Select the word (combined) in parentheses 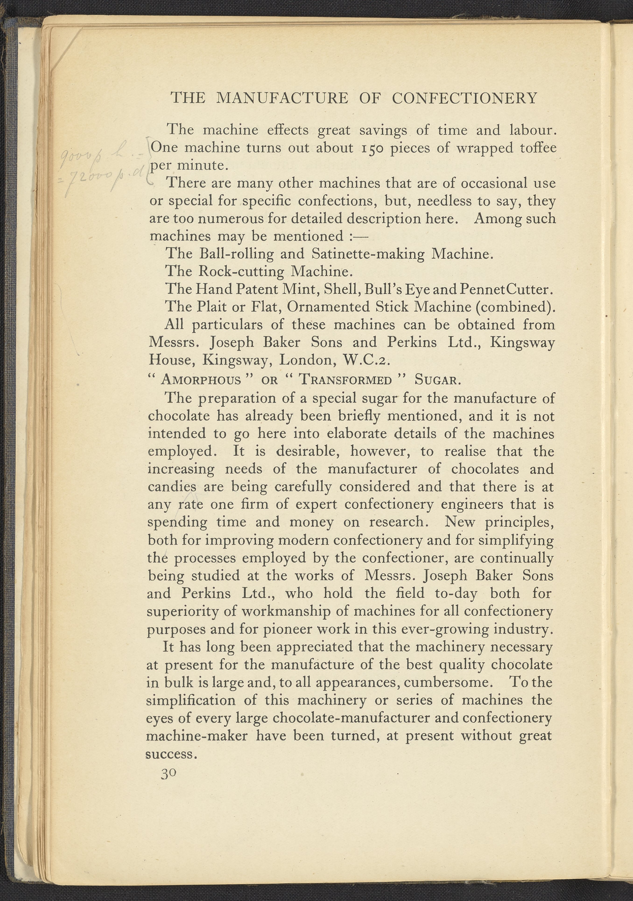(x=515, y=307)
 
